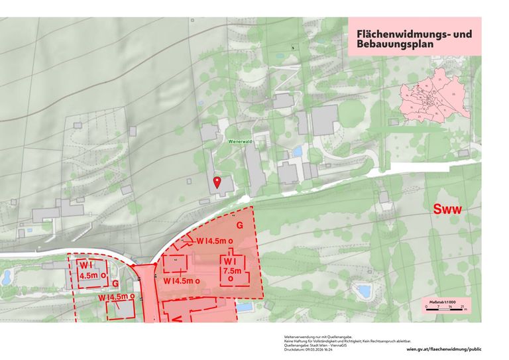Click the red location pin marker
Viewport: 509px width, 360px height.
tap(216, 182)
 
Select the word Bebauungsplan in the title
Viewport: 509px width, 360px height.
tap(394, 46)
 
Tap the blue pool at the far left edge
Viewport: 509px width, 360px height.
tap(6, 276)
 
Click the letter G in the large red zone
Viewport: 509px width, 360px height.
tap(239, 225)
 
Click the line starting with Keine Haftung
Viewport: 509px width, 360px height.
tap(329, 341)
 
